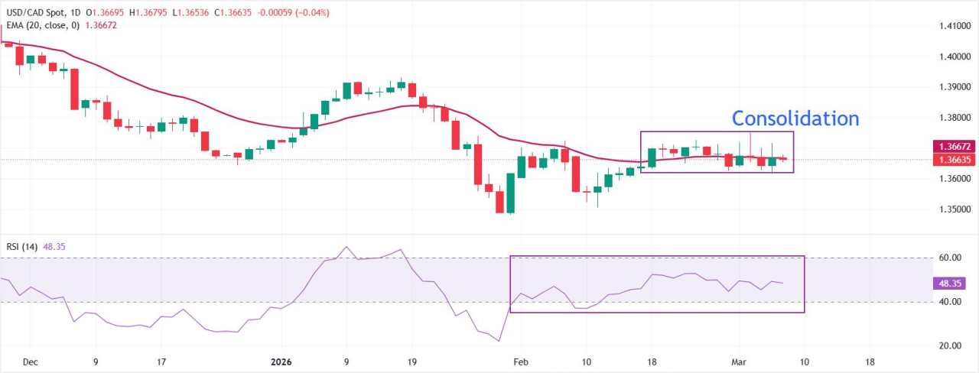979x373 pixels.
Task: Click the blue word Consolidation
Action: coord(795,118)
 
